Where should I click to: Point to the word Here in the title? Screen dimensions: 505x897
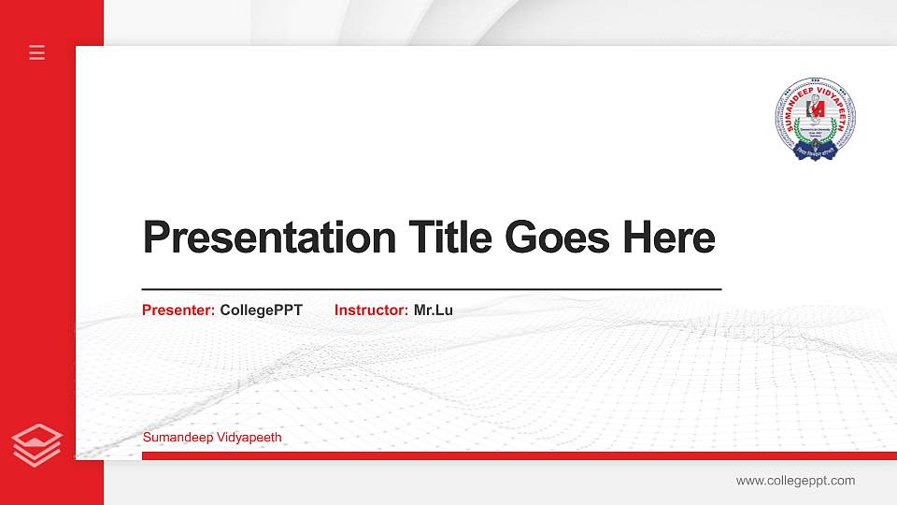tap(669, 238)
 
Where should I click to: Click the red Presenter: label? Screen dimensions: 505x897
tap(178, 310)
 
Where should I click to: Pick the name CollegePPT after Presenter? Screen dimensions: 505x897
tap(262, 310)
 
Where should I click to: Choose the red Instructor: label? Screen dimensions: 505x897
tap(371, 310)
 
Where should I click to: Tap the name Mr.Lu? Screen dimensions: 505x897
tap(433, 310)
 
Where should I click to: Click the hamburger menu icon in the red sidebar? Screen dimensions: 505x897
tap(37, 52)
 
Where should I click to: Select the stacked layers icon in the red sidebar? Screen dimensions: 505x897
tap(37, 444)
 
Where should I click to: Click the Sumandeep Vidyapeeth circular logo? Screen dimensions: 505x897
tap(816, 119)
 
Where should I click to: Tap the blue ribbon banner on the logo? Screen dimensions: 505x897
tap(816, 151)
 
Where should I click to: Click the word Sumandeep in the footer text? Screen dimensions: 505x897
tap(178, 437)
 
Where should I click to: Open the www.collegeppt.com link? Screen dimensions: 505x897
tap(795, 481)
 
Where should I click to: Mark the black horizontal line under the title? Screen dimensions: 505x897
tap(431, 290)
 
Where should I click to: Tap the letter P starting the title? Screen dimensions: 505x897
tap(155, 238)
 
